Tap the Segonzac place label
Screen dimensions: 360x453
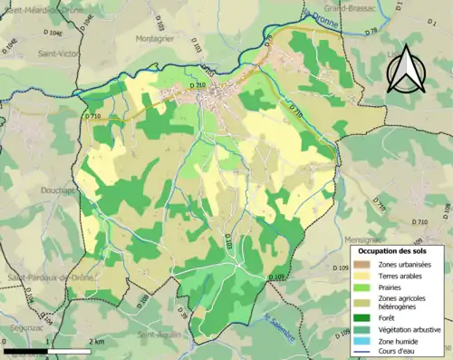coord(24,304)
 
